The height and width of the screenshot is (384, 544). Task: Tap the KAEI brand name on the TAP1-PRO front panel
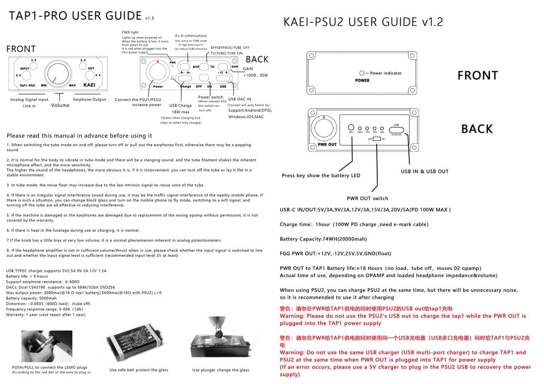click(89, 85)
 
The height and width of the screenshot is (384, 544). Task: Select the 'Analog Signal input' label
click(29, 100)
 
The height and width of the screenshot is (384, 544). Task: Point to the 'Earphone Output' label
click(89, 100)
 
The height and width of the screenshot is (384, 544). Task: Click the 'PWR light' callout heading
click(130, 33)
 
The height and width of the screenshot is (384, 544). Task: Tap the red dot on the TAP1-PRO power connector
click(157, 62)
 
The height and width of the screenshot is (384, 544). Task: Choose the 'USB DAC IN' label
click(239, 99)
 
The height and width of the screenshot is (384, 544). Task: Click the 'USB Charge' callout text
click(180, 106)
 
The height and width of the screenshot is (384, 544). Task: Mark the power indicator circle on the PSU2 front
click(362, 73)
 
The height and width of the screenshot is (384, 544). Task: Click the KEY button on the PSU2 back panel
click(351, 128)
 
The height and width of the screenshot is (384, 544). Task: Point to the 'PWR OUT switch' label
click(367, 198)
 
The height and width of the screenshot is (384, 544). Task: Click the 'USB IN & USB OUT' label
click(424, 172)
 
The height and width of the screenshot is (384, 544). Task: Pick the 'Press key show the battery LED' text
click(321, 176)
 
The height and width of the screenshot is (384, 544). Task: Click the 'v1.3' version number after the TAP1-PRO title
click(150, 19)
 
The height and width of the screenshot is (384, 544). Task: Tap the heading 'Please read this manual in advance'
click(79, 136)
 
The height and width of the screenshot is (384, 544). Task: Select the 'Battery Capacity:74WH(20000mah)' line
click(323, 239)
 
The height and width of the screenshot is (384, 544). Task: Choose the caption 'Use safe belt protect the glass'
click(139, 370)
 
